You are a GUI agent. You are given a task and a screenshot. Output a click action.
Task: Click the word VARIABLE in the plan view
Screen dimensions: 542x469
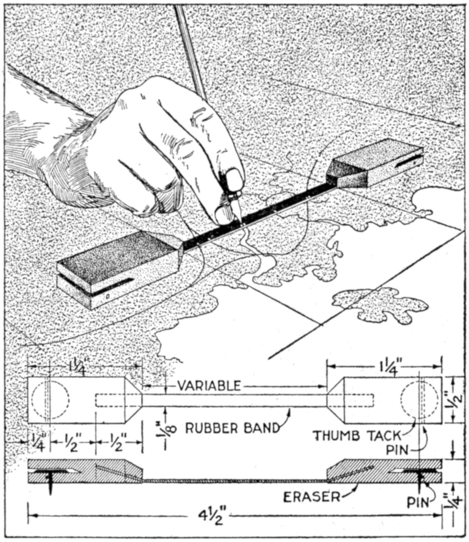tap(209, 386)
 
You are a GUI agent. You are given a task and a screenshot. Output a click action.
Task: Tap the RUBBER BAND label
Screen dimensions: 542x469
tap(232, 428)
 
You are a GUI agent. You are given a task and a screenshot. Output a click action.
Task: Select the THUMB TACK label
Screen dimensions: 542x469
tap(357, 436)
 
